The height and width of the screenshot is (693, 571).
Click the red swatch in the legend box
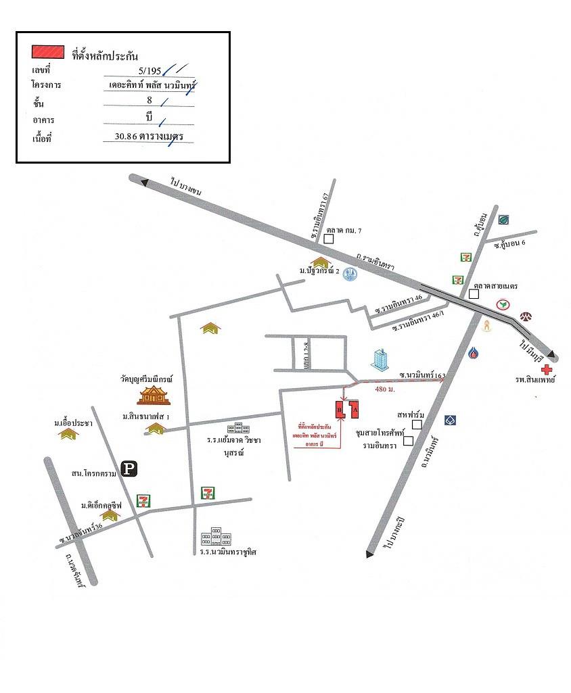47,52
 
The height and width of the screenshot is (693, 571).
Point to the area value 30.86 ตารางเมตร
150,137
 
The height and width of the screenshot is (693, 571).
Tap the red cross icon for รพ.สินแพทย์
547,370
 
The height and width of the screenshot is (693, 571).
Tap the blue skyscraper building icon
381,360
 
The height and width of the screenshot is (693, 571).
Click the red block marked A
355,409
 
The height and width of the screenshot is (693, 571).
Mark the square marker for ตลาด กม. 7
329,238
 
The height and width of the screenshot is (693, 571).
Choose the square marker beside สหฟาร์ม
417,424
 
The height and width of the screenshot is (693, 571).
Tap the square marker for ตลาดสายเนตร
474,293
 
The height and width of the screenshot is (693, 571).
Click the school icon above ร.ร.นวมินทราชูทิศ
216,537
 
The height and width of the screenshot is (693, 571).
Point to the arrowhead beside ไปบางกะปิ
370,554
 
